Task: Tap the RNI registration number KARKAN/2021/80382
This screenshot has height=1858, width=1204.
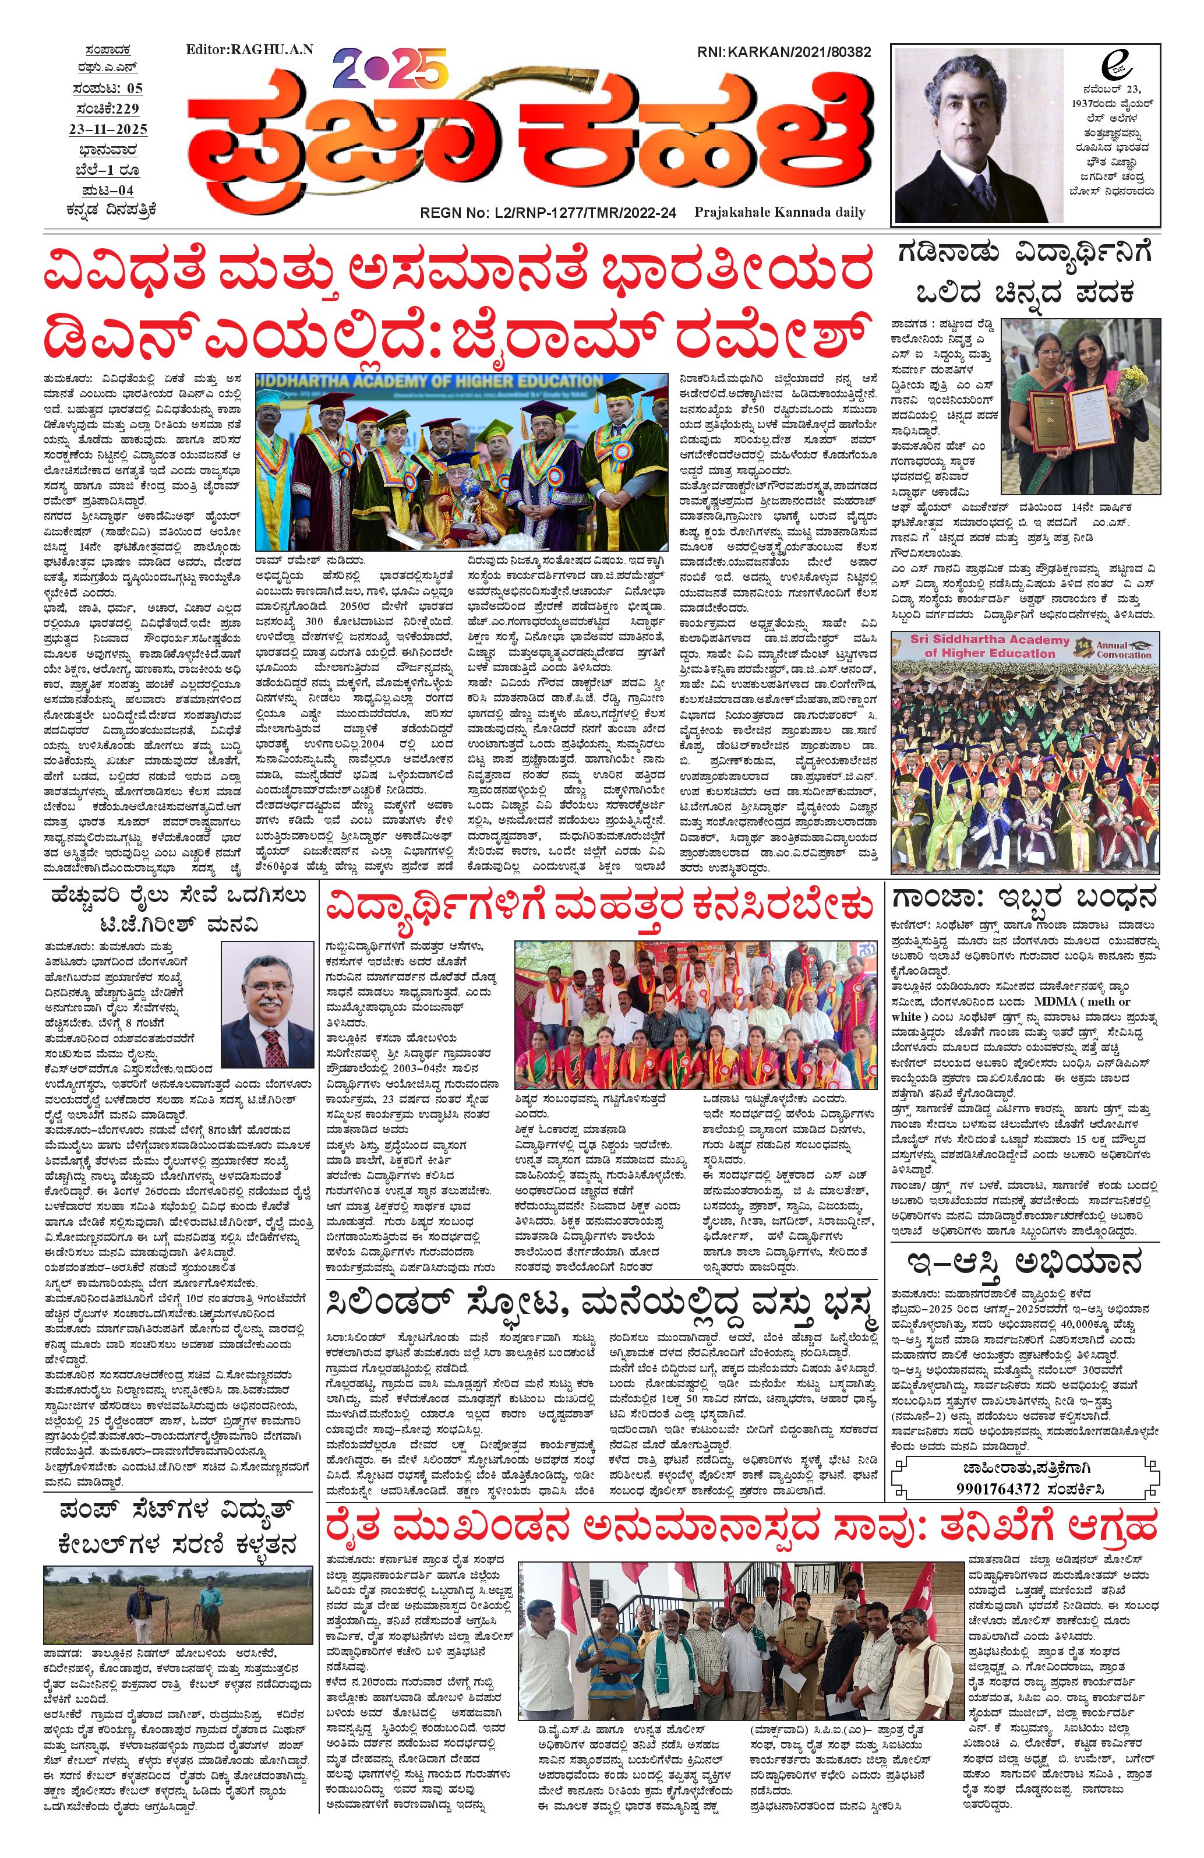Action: click(x=783, y=52)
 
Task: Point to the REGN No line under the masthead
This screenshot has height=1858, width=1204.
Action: click(x=548, y=211)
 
